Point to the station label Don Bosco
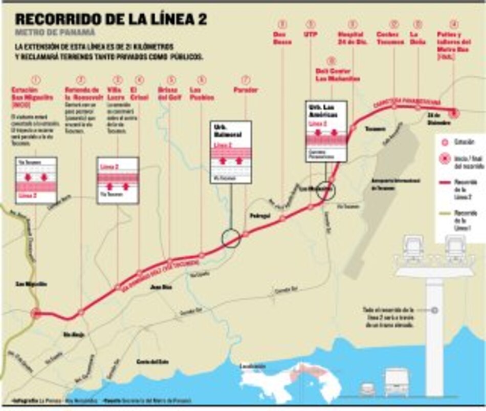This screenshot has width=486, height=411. (x=282, y=38)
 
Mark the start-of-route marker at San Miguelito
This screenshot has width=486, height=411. (x=35, y=314)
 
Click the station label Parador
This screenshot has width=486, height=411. (x=245, y=90)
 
